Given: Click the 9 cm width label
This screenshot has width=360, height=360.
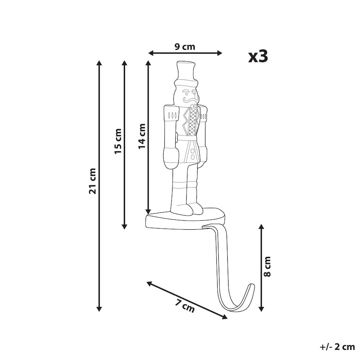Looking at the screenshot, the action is pyautogui.click(x=185, y=47).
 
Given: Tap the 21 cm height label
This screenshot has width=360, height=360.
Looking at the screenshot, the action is pyautogui.click(x=92, y=181).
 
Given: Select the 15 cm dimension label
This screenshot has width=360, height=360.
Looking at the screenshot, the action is pyautogui.click(x=118, y=141).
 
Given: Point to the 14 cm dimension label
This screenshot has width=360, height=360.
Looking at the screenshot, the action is pyautogui.click(x=142, y=136).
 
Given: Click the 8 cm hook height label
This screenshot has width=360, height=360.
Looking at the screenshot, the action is pyautogui.click(x=268, y=266).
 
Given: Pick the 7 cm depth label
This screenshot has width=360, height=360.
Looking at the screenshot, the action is pyautogui.click(x=185, y=306).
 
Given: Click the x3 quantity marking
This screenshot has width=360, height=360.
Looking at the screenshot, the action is pyautogui.click(x=258, y=57).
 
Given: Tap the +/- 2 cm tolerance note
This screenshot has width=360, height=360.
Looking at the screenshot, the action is pyautogui.click(x=337, y=347).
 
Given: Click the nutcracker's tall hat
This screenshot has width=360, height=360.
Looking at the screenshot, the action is pyautogui.click(x=185, y=74).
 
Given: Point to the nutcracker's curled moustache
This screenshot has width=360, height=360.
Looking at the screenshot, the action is pyautogui.click(x=190, y=99).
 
